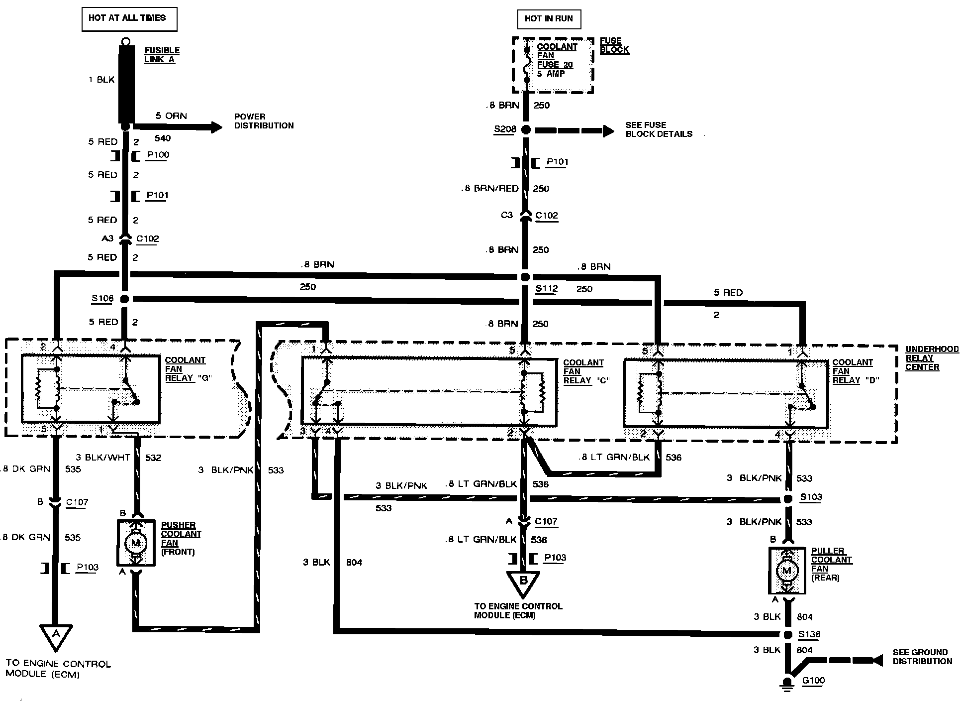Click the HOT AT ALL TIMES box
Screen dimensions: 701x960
(x=129, y=18)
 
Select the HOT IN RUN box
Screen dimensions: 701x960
(x=549, y=19)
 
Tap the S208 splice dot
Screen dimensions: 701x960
(x=526, y=130)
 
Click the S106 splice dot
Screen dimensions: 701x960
(x=125, y=299)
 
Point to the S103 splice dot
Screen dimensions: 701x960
(x=788, y=499)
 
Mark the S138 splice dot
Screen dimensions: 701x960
(x=788, y=635)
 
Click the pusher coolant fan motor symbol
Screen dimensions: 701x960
(x=135, y=543)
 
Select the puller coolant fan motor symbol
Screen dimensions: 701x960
(x=787, y=571)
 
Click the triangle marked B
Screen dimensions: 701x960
(x=523, y=583)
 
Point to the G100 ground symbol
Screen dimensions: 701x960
(x=787, y=683)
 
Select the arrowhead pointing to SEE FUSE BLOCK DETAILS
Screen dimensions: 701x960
(x=608, y=131)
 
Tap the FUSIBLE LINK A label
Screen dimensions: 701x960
(x=162, y=55)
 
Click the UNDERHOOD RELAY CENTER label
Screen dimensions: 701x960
(x=931, y=358)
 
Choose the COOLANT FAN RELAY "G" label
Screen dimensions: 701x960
(x=188, y=369)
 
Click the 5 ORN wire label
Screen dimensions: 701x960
(x=171, y=116)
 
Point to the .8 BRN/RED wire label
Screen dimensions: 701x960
(x=490, y=189)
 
